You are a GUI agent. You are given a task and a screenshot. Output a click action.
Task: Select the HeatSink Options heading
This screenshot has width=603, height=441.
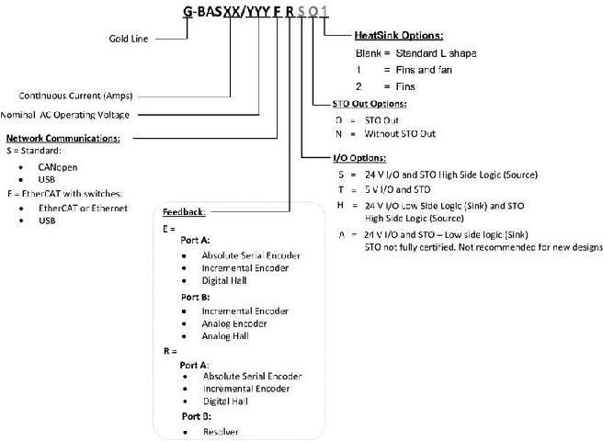point(398,36)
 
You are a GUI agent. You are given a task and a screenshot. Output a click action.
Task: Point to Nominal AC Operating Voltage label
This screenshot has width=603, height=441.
point(67,115)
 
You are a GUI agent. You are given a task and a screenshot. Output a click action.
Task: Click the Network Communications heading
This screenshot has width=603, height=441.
point(63,139)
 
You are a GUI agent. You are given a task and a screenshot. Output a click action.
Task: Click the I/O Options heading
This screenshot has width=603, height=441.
point(358,158)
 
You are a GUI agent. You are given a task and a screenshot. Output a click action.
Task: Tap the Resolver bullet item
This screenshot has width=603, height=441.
point(222,431)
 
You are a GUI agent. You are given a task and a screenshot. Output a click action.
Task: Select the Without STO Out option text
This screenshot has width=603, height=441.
point(402,134)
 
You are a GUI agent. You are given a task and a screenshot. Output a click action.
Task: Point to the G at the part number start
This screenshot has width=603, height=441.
point(188,11)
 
